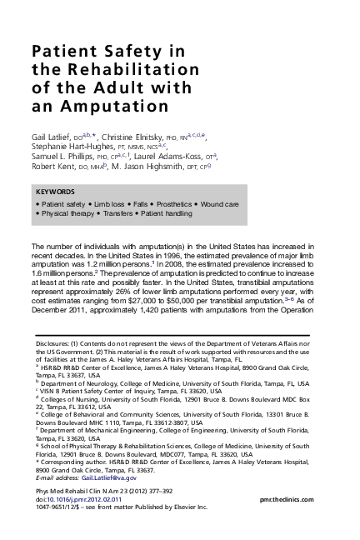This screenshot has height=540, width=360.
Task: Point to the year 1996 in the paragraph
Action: (x=147, y=259)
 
